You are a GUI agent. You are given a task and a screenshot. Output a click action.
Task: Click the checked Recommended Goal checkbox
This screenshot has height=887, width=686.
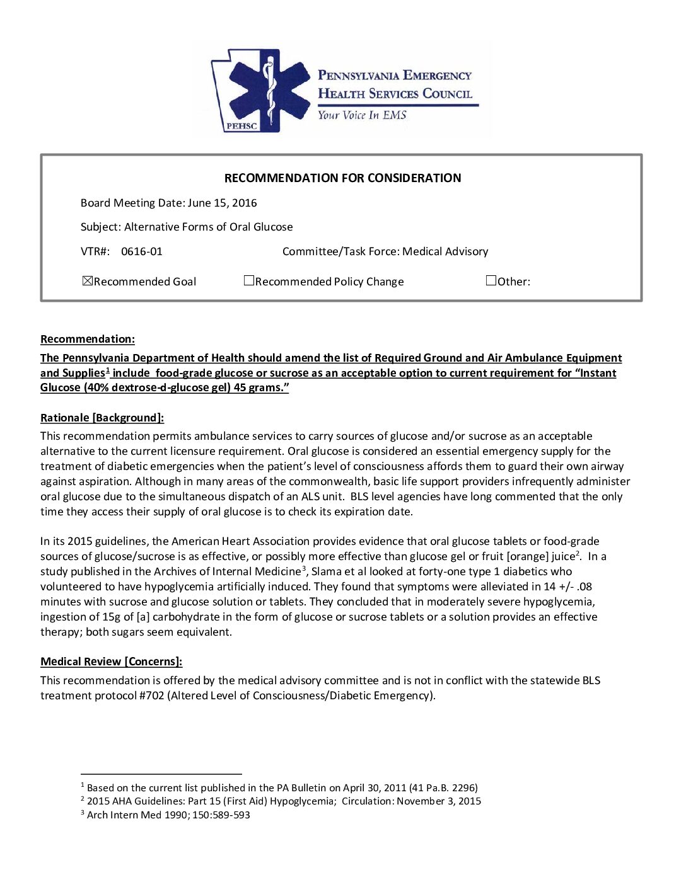pyautogui.click(x=88, y=281)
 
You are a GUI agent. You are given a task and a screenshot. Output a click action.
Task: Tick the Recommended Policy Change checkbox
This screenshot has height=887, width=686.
pyautogui.click(x=249, y=281)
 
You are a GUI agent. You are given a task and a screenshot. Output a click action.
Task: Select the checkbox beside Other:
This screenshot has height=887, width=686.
pyautogui.click(x=491, y=281)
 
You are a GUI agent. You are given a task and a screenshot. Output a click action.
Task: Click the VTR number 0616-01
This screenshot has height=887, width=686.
pyautogui.click(x=141, y=251)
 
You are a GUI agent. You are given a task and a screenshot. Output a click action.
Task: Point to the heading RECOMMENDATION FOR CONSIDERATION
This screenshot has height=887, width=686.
pyautogui.click(x=342, y=178)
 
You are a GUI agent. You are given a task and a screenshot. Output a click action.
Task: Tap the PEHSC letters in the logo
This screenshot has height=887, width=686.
pyautogui.click(x=241, y=126)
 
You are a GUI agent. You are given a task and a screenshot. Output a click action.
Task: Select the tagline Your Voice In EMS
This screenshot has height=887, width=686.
pyautogui.click(x=362, y=115)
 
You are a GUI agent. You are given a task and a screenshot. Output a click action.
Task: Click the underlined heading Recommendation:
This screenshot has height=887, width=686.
pyautogui.click(x=88, y=339)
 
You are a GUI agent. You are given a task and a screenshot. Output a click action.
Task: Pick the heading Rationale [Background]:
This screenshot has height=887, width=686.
pyautogui.click(x=102, y=418)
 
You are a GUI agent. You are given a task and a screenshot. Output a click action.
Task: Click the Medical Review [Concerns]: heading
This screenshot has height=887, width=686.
pyautogui.click(x=111, y=661)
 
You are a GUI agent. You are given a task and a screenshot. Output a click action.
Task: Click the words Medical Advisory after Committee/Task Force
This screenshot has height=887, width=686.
pyautogui.click(x=445, y=251)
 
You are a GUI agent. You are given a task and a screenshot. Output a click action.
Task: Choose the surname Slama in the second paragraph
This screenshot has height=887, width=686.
pyautogui.click(x=326, y=571)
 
